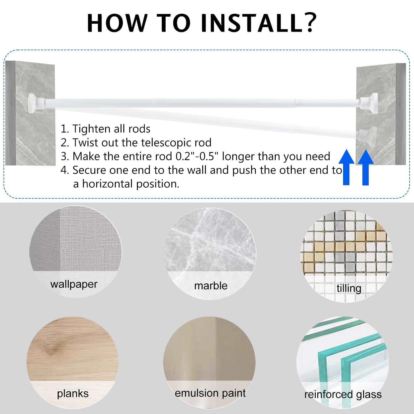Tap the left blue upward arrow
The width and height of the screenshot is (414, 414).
[346, 167]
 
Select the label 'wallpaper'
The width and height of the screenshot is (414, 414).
[74, 284]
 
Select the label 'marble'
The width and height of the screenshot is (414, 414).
[211, 285]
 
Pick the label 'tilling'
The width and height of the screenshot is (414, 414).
[349, 288]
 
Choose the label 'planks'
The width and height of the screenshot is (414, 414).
[73, 393]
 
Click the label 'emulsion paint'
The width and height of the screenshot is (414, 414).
[210, 393]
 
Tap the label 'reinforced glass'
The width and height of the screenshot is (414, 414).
[343, 394]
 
